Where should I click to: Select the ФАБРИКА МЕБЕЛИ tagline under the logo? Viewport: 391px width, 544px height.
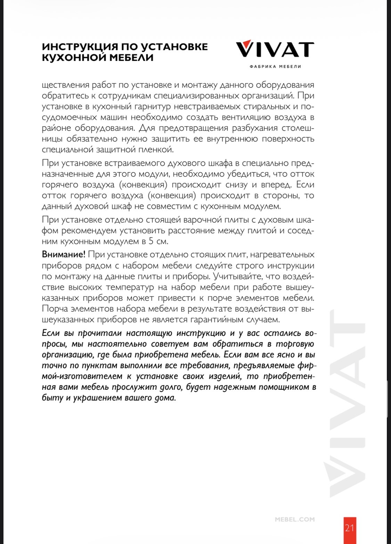pyautogui.click(x=275, y=66)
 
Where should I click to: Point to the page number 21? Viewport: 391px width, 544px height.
pyautogui.click(x=350, y=528)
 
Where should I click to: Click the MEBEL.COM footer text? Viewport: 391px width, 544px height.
pyautogui.click(x=295, y=519)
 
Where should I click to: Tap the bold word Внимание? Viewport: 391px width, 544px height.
pyautogui.click(x=63, y=254)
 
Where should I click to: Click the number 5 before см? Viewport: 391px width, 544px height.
pyautogui.click(x=151, y=241)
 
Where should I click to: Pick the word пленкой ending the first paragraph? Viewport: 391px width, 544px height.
pyautogui.click(x=155, y=149)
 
